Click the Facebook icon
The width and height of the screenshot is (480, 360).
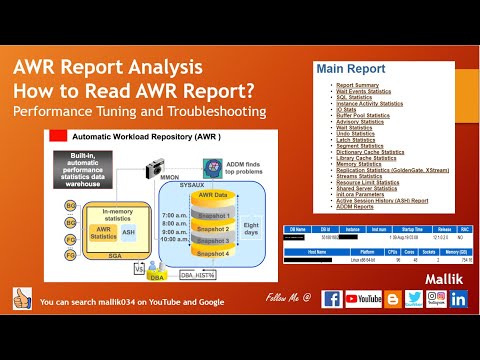pos(331,327)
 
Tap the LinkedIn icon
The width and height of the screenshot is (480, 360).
pos(459,327)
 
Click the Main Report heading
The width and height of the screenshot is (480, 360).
pos(350,69)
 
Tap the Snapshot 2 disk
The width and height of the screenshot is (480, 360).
pos(213,228)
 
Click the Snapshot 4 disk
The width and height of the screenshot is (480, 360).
pos(213,253)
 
